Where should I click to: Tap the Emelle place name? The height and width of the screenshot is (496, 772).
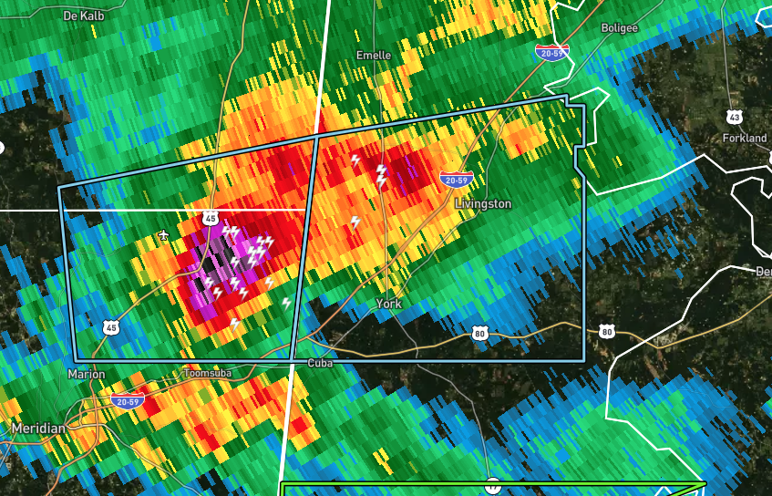[x=373, y=56]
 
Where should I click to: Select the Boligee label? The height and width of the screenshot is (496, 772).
[x=620, y=28]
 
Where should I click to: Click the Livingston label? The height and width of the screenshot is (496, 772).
[x=483, y=204]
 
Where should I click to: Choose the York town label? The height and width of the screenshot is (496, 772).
[x=389, y=304]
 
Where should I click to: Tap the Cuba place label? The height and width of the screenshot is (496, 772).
[x=319, y=363]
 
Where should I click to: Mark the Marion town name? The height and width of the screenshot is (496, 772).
[x=87, y=375]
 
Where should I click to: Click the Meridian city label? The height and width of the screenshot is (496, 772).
[x=38, y=428]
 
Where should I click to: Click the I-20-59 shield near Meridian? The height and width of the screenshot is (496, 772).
[x=126, y=400]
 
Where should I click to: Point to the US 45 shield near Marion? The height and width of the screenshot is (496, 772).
[x=110, y=326]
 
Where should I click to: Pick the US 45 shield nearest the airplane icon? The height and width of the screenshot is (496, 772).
[x=211, y=218]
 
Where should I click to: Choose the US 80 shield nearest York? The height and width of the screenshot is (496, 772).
[x=480, y=335]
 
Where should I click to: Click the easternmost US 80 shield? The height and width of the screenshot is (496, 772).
[x=606, y=331]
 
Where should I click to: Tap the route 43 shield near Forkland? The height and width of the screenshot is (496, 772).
[x=735, y=117]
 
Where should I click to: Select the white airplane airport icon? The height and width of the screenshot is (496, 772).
[x=163, y=236]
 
